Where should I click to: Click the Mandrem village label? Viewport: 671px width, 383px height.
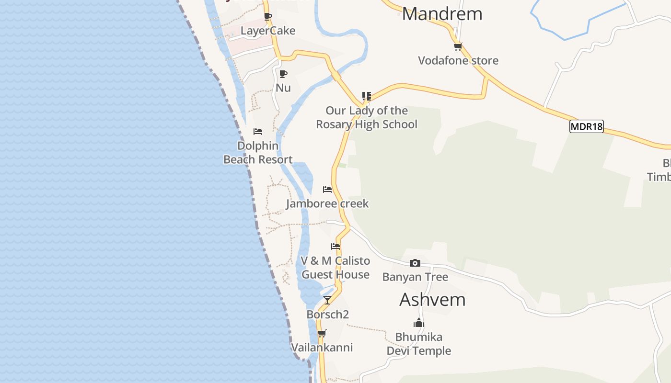point(442,14)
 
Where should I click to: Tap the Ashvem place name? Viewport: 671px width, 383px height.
point(432,300)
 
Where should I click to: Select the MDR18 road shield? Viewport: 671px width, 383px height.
point(586,126)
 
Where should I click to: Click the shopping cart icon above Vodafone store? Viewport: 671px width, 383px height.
point(458,46)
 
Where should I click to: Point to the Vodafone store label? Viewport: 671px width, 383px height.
point(458,60)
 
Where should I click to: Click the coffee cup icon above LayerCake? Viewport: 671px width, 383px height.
point(268,17)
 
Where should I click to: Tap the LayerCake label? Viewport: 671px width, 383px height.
point(268,31)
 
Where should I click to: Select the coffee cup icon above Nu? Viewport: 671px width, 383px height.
point(283,74)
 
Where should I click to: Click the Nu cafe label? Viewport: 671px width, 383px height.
point(283,88)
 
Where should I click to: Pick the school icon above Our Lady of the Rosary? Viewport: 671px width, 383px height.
point(367,96)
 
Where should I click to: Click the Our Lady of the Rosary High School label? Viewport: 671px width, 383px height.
point(367,117)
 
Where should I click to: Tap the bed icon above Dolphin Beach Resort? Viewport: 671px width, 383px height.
point(258,132)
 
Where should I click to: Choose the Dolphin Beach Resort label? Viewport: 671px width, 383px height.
point(258,152)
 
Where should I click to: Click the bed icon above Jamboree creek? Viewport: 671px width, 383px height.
point(327,190)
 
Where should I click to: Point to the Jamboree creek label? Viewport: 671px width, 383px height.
point(327,203)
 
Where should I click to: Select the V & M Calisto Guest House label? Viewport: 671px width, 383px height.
point(335,268)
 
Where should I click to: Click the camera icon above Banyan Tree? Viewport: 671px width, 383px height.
point(415,263)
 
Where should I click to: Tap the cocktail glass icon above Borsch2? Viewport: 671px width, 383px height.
point(327,300)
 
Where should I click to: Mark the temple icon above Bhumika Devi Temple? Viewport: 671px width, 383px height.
point(419,323)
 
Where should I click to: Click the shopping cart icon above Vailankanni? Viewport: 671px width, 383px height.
point(322,333)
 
